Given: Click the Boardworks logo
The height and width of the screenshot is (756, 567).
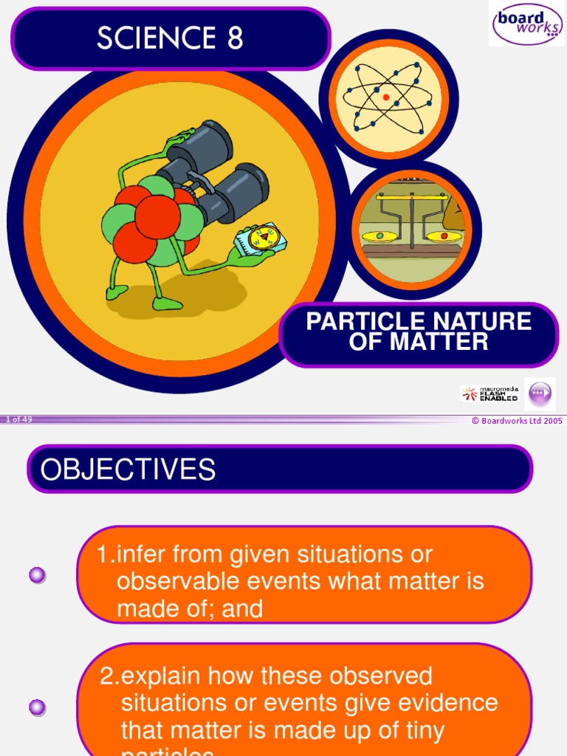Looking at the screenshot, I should (x=526, y=23).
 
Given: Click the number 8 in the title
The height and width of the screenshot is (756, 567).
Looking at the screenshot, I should (x=235, y=38).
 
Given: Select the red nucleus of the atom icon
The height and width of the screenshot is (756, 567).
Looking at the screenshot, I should (x=385, y=97).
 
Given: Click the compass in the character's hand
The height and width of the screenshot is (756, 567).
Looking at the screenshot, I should (x=261, y=237).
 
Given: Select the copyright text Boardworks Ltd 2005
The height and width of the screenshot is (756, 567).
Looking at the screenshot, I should (x=517, y=421).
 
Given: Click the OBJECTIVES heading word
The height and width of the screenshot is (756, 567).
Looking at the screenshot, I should (x=128, y=470).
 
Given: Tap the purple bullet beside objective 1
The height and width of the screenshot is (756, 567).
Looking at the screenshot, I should (x=37, y=574).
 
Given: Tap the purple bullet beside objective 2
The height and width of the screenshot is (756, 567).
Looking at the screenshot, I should (x=37, y=707).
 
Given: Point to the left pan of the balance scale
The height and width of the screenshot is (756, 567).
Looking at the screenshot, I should (x=379, y=237).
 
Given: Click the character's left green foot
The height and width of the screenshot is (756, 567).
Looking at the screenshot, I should (x=116, y=293).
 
